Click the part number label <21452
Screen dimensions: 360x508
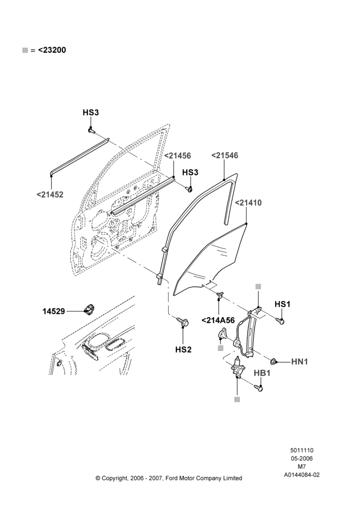tap(50, 195)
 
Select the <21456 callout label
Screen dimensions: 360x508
tap(177, 155)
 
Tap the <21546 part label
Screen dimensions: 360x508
tap(225, 155)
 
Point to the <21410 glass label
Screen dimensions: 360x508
tap(248, 203)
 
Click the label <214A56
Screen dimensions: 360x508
tap(218, 321)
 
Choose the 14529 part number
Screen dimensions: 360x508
tap(54, 311)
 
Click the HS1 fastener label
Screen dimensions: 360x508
tap(283, 304)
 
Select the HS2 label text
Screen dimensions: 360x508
tap(183, 350)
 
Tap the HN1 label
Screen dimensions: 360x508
tap(299, 362)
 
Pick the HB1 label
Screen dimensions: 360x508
tap(262, 373)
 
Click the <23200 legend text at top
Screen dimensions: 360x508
tap(52, 50)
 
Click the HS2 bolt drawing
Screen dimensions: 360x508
tap(183, 322)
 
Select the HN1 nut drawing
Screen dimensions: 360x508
tap(274, 361)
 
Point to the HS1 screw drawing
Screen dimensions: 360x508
tap(280, 321)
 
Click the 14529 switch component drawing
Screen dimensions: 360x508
tap(88, 309)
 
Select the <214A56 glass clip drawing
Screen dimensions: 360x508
tap(220, 294)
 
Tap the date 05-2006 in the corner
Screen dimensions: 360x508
tap(302, 458)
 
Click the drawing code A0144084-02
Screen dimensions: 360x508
tap(302, 475)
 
